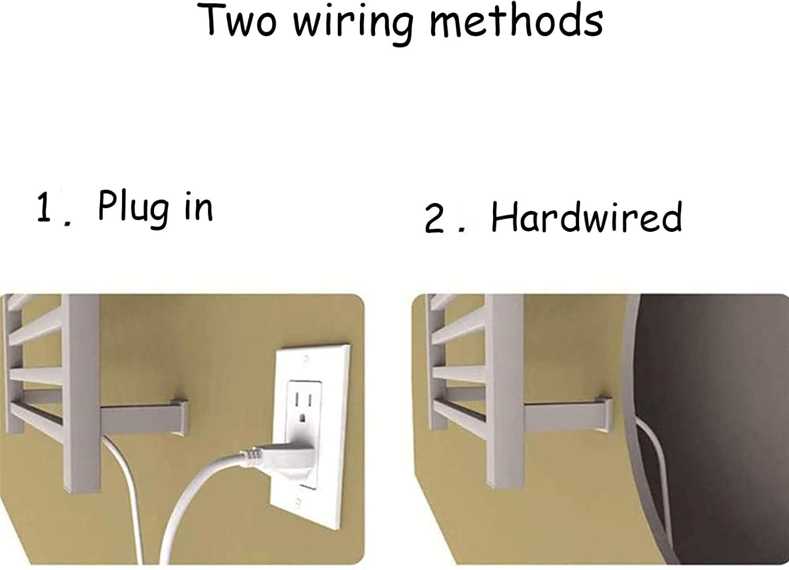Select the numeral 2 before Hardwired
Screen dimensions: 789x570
[x=434, y=218]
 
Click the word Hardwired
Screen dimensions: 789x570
[x=587, y=217]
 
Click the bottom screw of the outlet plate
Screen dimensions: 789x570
[x=298, y=501]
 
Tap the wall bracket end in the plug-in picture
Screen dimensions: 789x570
[x=180, y=418]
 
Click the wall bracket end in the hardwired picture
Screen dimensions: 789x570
[x=603, y=415]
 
